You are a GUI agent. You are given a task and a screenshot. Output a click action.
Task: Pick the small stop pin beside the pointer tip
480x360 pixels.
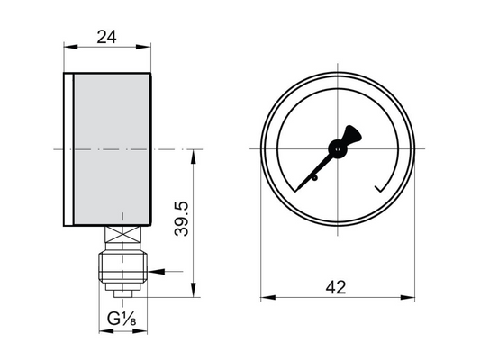point(316,179)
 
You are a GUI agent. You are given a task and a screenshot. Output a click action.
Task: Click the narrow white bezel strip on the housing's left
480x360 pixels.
point(68,148)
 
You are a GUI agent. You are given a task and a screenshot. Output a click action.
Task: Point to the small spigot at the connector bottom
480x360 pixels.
point(122,291)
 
